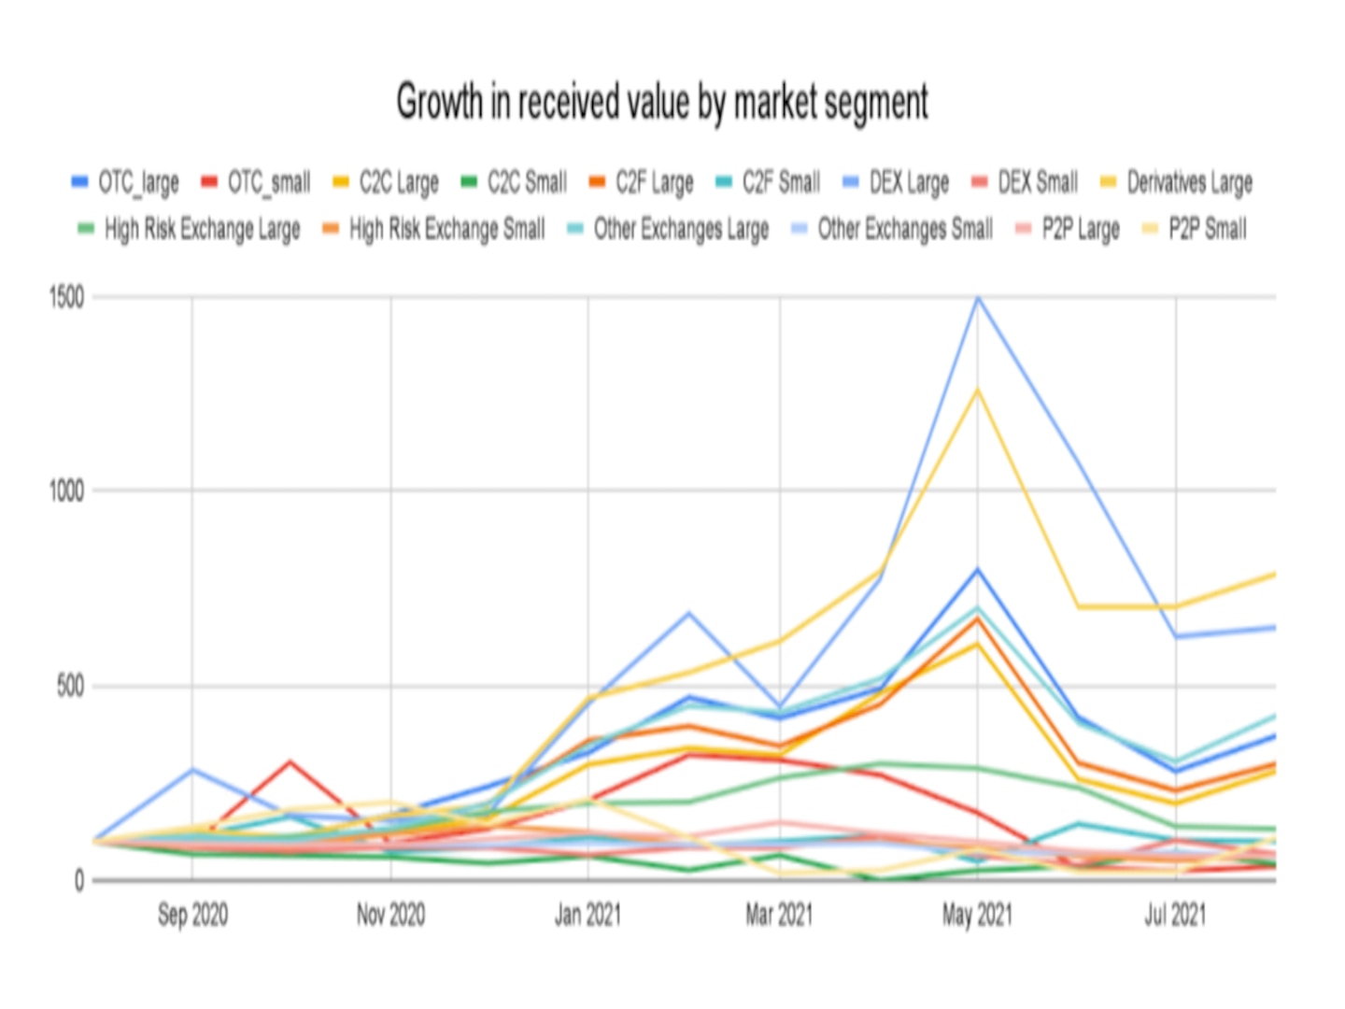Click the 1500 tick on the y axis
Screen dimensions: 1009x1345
66,298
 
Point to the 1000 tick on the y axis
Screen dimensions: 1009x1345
66,491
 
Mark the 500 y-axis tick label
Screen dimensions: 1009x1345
70,687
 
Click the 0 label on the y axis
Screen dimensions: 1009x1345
79,880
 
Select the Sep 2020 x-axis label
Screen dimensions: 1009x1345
192,915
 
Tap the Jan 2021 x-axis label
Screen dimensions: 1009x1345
588,915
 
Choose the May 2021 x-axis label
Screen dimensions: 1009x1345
977,915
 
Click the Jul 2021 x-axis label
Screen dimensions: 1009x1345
1175,915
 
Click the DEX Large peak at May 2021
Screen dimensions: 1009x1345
978,299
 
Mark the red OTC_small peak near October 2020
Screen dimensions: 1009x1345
290,762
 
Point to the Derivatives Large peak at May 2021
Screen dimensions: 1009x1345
978,390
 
